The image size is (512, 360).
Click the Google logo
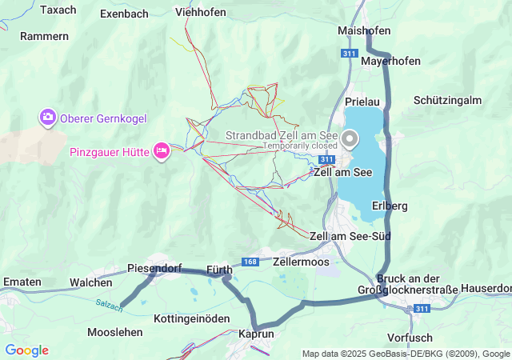(26, 350)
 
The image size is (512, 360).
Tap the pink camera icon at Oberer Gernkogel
(48, 118)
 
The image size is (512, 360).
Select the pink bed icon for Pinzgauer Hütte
(162, 150)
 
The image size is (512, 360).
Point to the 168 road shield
(250, 262)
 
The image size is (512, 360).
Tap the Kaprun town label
(257, 333)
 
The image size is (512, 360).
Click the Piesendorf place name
(154, 269)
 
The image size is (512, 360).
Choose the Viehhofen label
(200, 13)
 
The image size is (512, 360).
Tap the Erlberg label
(390, 206)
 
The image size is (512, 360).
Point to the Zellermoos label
(301, 262)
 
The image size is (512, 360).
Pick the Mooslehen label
(115, 332)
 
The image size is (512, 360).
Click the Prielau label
(362, 102)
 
